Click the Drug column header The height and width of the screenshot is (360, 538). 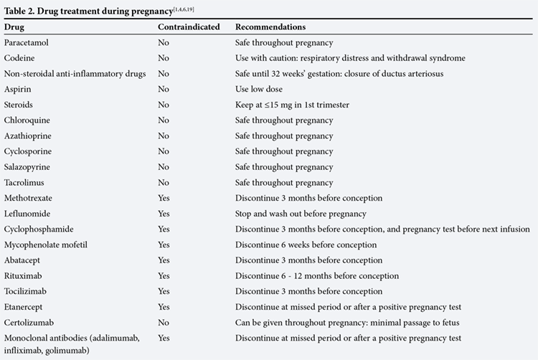pos(14,27)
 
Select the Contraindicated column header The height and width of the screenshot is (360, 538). pos(189,27)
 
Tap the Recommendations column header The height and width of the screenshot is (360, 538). pos(270,27)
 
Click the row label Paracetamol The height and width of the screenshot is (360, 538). pos(26,42)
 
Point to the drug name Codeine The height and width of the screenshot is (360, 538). pos(19,58)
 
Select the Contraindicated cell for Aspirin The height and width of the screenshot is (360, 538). pos(164,89)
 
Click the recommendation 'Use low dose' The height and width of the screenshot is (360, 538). pos(259,89)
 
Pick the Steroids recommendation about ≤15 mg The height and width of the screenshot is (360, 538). pos(292,105)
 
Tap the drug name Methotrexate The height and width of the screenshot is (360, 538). pos(28,198)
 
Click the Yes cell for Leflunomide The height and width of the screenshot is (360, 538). pos(164,214)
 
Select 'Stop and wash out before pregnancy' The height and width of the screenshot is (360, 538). pos(301,214)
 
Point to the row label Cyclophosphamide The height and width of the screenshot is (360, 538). pos(39,229)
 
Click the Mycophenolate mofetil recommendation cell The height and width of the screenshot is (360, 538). pos(306,245)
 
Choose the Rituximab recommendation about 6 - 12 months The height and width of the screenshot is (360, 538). pos(317,275)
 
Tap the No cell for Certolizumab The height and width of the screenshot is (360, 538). pos(164,322)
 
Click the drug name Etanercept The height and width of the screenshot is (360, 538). pos(23,307)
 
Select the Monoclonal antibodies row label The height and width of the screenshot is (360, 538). pos(72,344)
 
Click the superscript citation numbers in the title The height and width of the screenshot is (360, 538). pos(184,9)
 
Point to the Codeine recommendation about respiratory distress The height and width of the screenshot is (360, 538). pos(350,58)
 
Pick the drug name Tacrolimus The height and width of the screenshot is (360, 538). pos(24,182)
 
